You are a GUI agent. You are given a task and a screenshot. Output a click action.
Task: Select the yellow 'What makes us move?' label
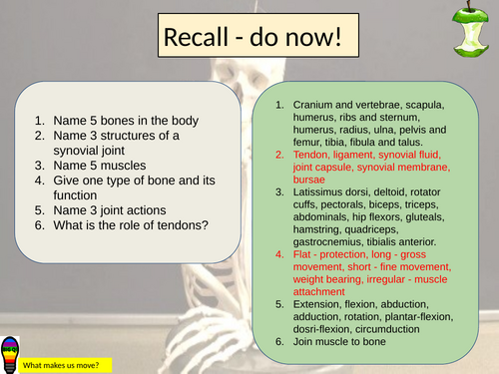(66, 364)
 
